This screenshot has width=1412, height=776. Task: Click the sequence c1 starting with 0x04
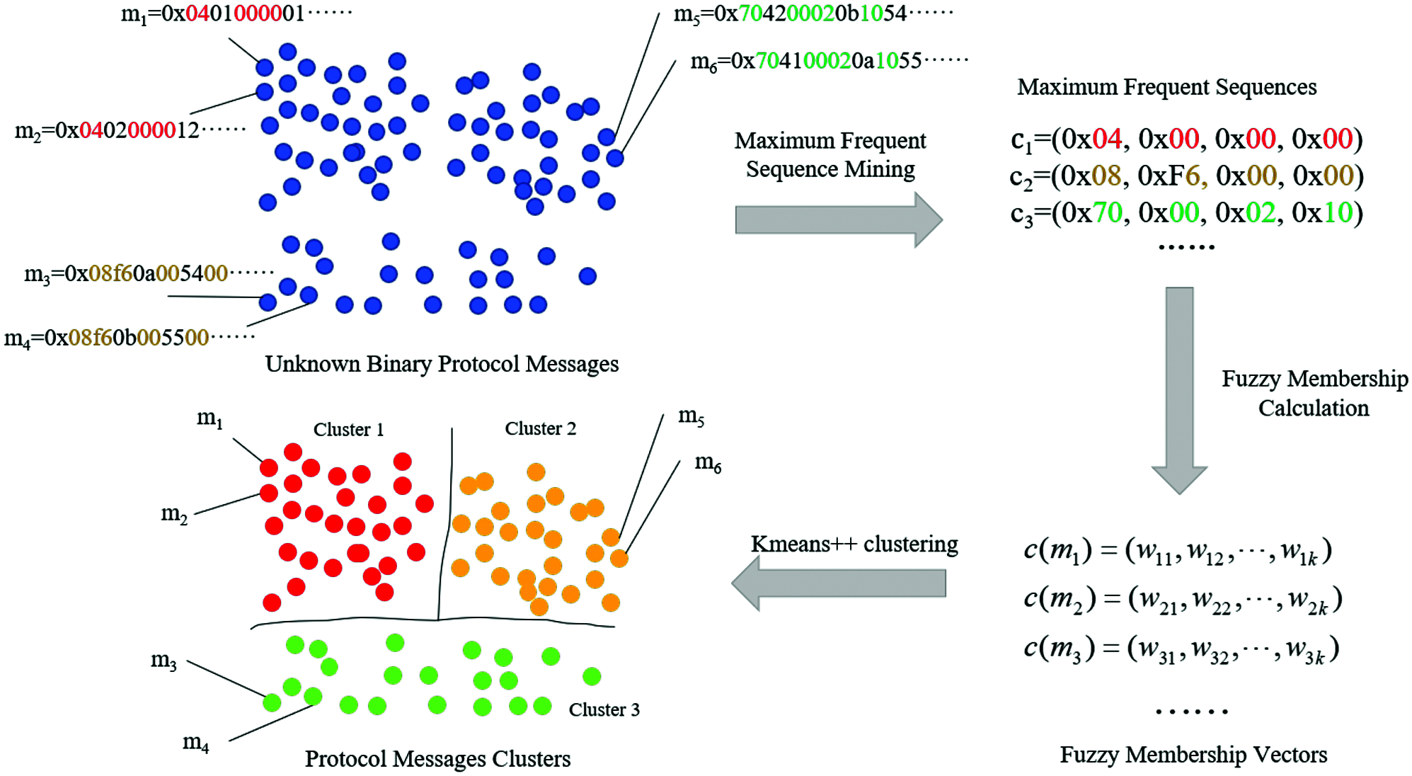tap(1186, 139)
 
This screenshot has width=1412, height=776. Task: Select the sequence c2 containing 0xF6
tap(1186, 176)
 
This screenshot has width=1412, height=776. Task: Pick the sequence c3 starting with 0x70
tap(1186, 212)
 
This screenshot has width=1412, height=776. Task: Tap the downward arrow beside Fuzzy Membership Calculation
tap(1179, 389)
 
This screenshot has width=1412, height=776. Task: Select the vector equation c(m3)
tap(1181, 649)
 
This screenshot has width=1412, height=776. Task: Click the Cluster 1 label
tap(348, 430)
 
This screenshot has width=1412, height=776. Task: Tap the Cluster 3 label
tap(604, 709)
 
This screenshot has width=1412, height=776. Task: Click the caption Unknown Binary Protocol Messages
tap(442, 364)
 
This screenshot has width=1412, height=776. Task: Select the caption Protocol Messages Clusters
tap(437, 759)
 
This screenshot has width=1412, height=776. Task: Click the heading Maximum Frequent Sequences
tap(1166, 87)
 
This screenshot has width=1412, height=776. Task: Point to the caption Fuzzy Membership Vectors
tap(1193, 755)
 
